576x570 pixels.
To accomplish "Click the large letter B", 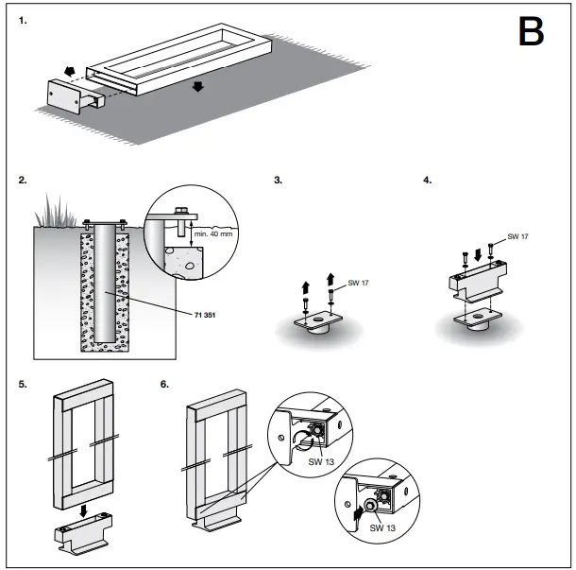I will coord(531,33).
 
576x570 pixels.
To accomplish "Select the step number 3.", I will coord(278,179).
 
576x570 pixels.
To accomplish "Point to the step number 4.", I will coord(427,179).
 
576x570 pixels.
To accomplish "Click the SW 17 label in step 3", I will coord(356,283).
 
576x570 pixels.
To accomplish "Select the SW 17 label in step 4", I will coord(518,236).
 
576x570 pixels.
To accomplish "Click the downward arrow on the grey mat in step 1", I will coord(196,87).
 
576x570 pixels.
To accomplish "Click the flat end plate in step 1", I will coord(61,97).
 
